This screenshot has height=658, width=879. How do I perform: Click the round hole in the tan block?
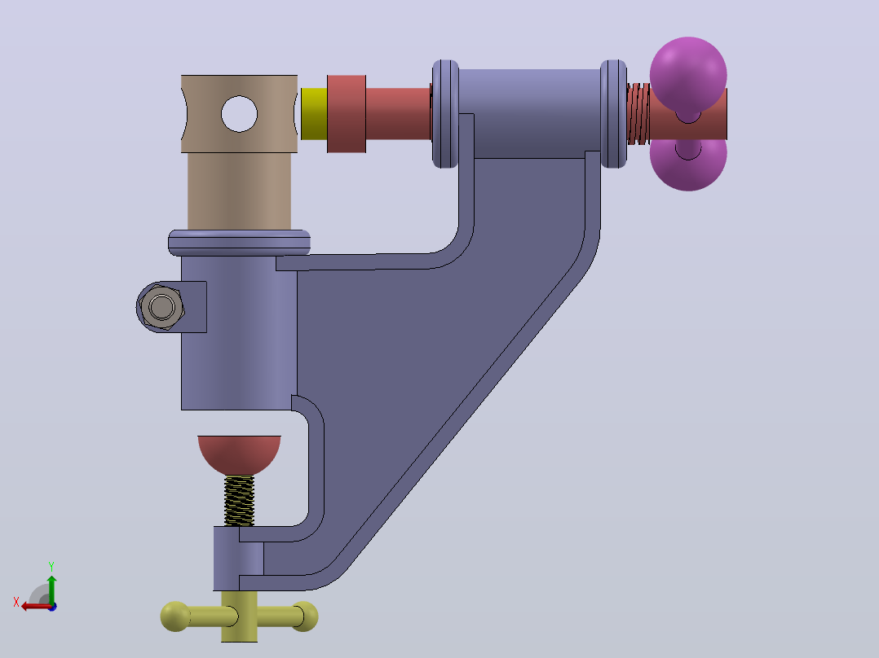coord(240,114)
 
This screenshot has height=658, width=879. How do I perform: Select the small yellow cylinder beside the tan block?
coord(314,114)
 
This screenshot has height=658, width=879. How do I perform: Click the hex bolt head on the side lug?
coord(162,307)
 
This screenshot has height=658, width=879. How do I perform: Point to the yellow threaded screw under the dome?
coord(240,501)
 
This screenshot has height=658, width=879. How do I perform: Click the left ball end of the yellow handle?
coord(174,616)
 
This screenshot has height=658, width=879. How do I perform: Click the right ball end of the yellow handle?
coord(305,616)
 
